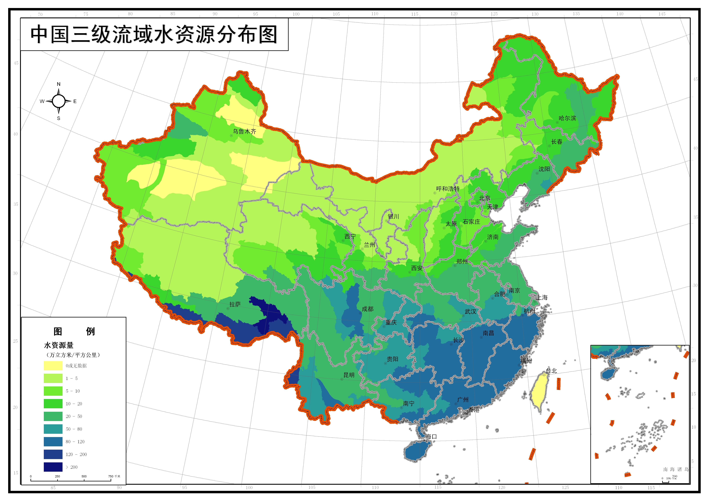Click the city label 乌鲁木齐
[245, 131]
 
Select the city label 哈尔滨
[567, 118]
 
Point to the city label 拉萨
[235, 304]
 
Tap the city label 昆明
[349, 375]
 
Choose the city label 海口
[431, 436]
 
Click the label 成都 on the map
[368, 309]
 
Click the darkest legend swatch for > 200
[53, 467]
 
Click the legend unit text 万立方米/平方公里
[73, 355]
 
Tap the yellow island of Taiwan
[540, 393]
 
